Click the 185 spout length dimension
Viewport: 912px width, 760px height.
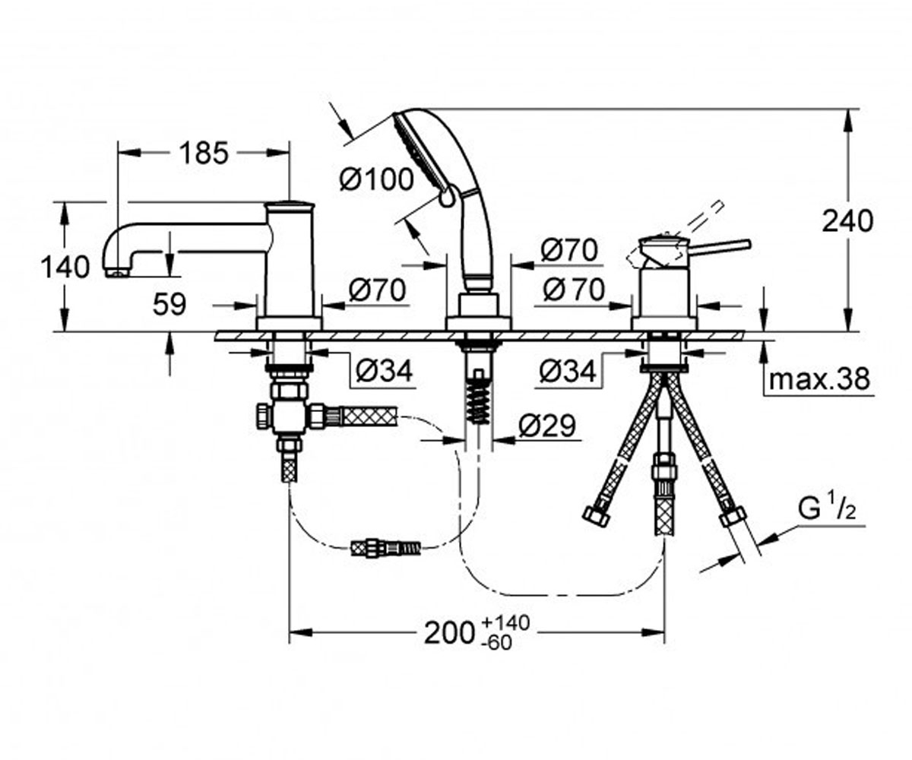coord(204,153)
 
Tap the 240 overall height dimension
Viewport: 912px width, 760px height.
coord(848,221)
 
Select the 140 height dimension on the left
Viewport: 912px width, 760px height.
coord(65,267)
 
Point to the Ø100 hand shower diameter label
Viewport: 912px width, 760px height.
coord(376,179)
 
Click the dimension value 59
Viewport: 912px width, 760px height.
coord(169,304)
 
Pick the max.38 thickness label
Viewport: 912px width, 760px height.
coord(819,378)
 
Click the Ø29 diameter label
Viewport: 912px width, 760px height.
coord(547,426)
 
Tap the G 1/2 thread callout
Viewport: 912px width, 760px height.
coord(827,509)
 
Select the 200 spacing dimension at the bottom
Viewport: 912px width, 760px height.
coord(449,633)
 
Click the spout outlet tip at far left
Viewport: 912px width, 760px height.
coord(117,273)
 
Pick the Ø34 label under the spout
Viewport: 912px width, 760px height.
coord(384,372)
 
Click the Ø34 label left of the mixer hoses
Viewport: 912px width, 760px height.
coord(568,372)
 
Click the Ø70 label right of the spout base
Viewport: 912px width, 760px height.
coord(378,290)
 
